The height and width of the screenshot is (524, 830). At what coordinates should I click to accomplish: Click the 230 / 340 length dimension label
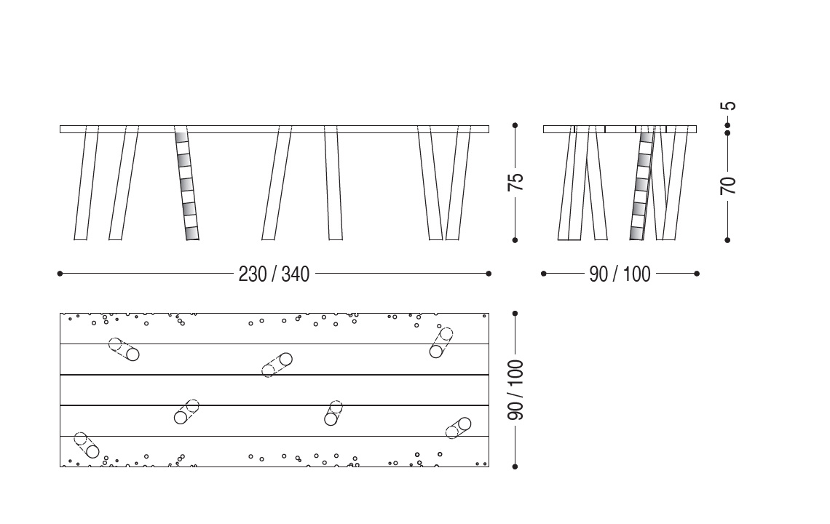[274, 274]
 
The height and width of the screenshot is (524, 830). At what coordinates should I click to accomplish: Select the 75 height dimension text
[515, 181]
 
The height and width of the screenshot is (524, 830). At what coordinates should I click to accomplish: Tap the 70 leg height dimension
[728, 186]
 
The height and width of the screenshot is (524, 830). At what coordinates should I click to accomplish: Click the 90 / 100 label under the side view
[620, 274]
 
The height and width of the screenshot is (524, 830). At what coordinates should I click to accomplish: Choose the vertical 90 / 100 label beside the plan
[515, 390]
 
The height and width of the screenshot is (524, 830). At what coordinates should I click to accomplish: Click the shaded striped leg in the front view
[187, 183]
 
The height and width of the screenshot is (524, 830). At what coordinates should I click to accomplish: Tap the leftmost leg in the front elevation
[87, 183]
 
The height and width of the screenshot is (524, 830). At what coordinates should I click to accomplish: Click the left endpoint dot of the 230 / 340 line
[60, 274]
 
